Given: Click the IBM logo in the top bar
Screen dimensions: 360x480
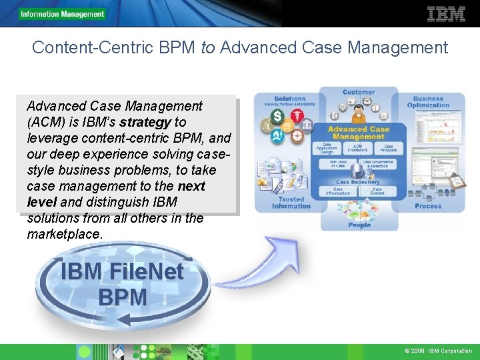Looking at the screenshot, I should (446, 14).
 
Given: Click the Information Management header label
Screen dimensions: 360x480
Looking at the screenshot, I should (63, 14).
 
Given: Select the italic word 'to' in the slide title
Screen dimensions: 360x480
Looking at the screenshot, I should (208, 48).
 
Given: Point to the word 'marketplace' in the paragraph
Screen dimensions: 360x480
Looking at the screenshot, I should (65, 234).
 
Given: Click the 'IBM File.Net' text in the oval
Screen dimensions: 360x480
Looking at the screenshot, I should (121, 272).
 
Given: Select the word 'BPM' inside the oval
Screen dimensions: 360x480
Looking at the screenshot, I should (122, 297).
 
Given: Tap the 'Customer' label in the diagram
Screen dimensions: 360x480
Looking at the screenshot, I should (359, 92).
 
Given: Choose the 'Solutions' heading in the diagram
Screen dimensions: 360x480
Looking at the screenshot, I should (289, 99).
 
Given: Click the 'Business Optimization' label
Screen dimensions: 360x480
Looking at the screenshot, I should (428, 102).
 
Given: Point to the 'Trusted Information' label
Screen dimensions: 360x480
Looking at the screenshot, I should (291, 203).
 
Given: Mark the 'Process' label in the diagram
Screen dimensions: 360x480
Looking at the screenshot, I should (428, 206).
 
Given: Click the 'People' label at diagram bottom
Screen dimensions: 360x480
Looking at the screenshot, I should (359, 225).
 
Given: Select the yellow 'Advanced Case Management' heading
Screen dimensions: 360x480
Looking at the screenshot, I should (359, 133).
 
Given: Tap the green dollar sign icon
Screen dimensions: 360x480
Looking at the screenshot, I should (277, 116).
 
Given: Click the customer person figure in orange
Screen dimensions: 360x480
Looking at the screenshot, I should (359, 109).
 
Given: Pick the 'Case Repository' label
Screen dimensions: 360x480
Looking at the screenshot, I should (358, 182).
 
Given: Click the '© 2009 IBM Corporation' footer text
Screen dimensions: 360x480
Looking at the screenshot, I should (438, 351).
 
